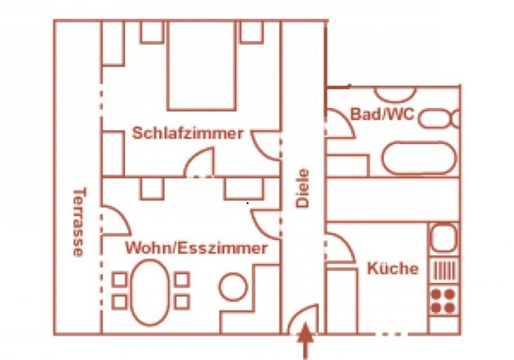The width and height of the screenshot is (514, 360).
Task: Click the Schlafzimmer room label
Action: point(188,133)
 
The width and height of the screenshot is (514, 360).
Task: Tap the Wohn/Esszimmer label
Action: point(196,248)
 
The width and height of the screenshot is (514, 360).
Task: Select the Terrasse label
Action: point(79,222)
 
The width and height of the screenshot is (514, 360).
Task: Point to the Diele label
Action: point(302,188)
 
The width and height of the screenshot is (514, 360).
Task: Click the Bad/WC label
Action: point(383,114)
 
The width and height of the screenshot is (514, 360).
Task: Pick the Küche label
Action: point(393,268)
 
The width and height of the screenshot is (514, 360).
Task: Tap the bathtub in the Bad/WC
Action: point(419,158)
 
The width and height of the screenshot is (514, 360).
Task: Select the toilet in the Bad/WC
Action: point(439,119)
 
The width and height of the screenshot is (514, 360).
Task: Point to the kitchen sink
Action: point(443,238)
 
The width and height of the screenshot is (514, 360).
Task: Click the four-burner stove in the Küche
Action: point(443,301)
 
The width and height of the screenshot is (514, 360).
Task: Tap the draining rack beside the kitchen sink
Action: point(444,270)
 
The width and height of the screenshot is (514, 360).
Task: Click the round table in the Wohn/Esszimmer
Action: point(233,287)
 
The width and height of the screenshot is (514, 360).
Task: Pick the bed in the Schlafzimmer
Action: point(202,65)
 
